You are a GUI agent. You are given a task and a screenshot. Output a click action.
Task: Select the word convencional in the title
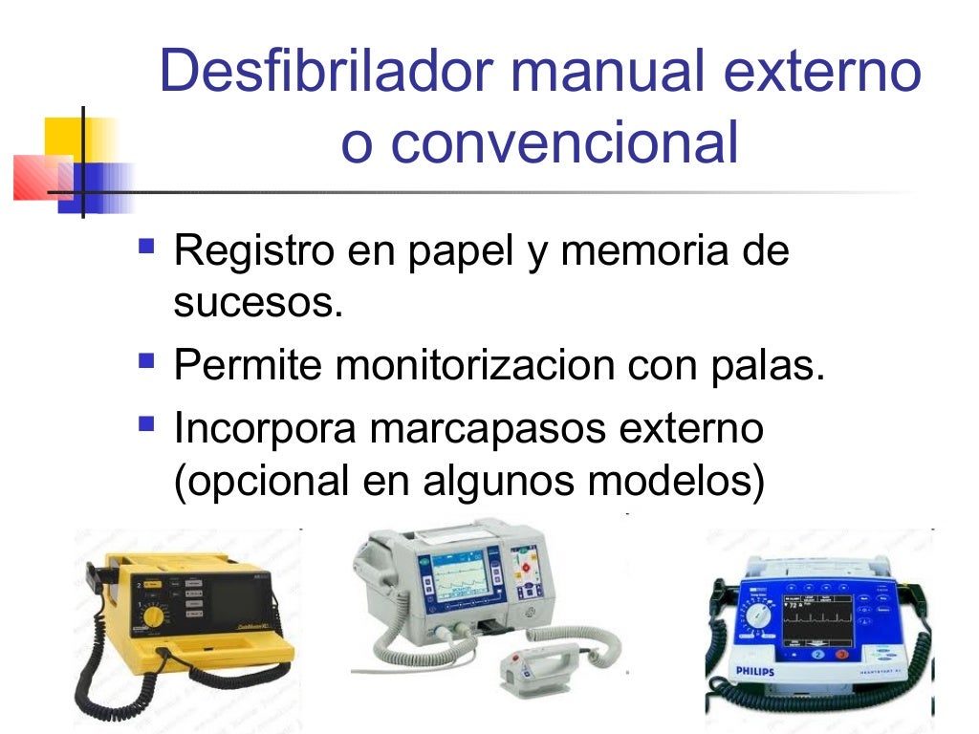tap(564, 143)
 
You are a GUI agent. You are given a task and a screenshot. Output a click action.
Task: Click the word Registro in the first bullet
tap(250, 252)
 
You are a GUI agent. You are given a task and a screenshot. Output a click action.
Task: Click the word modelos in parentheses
tap(676, 481)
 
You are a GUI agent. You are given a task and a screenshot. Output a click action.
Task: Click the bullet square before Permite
tap(146, 361)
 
